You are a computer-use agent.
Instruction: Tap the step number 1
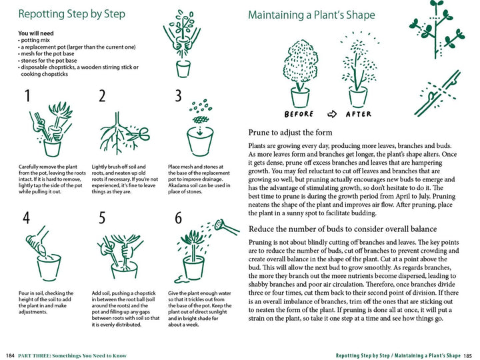27,96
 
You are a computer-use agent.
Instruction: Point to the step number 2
102,96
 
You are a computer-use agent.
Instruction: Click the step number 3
178,96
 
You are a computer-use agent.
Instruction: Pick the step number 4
27,217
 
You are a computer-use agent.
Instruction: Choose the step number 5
102,217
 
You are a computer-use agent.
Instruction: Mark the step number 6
178,217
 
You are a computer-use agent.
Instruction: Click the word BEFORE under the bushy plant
298,114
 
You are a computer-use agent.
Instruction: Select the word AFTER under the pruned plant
358,114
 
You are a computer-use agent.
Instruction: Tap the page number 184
10,355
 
